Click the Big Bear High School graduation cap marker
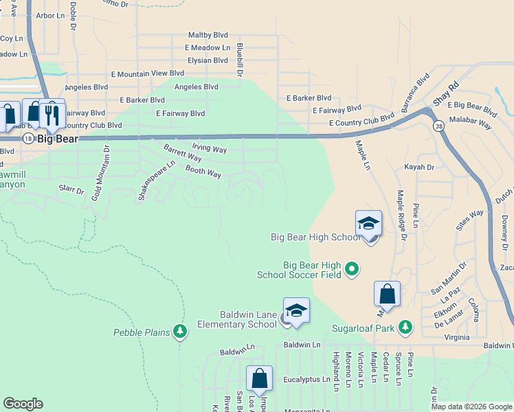point(368,223)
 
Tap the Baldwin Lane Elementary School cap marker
point(296,311)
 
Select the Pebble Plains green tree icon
point(180,332)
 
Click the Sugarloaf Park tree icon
point(405,327)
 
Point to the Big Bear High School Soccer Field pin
point(352,268)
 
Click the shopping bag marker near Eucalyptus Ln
point(260,378)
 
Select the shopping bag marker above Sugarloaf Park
point(387,293)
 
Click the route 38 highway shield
point(438,126)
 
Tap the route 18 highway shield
point(27,138)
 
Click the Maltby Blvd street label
point(208,35)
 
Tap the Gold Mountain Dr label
point(99,173)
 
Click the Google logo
point(23,404)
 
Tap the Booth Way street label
point(203,172)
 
